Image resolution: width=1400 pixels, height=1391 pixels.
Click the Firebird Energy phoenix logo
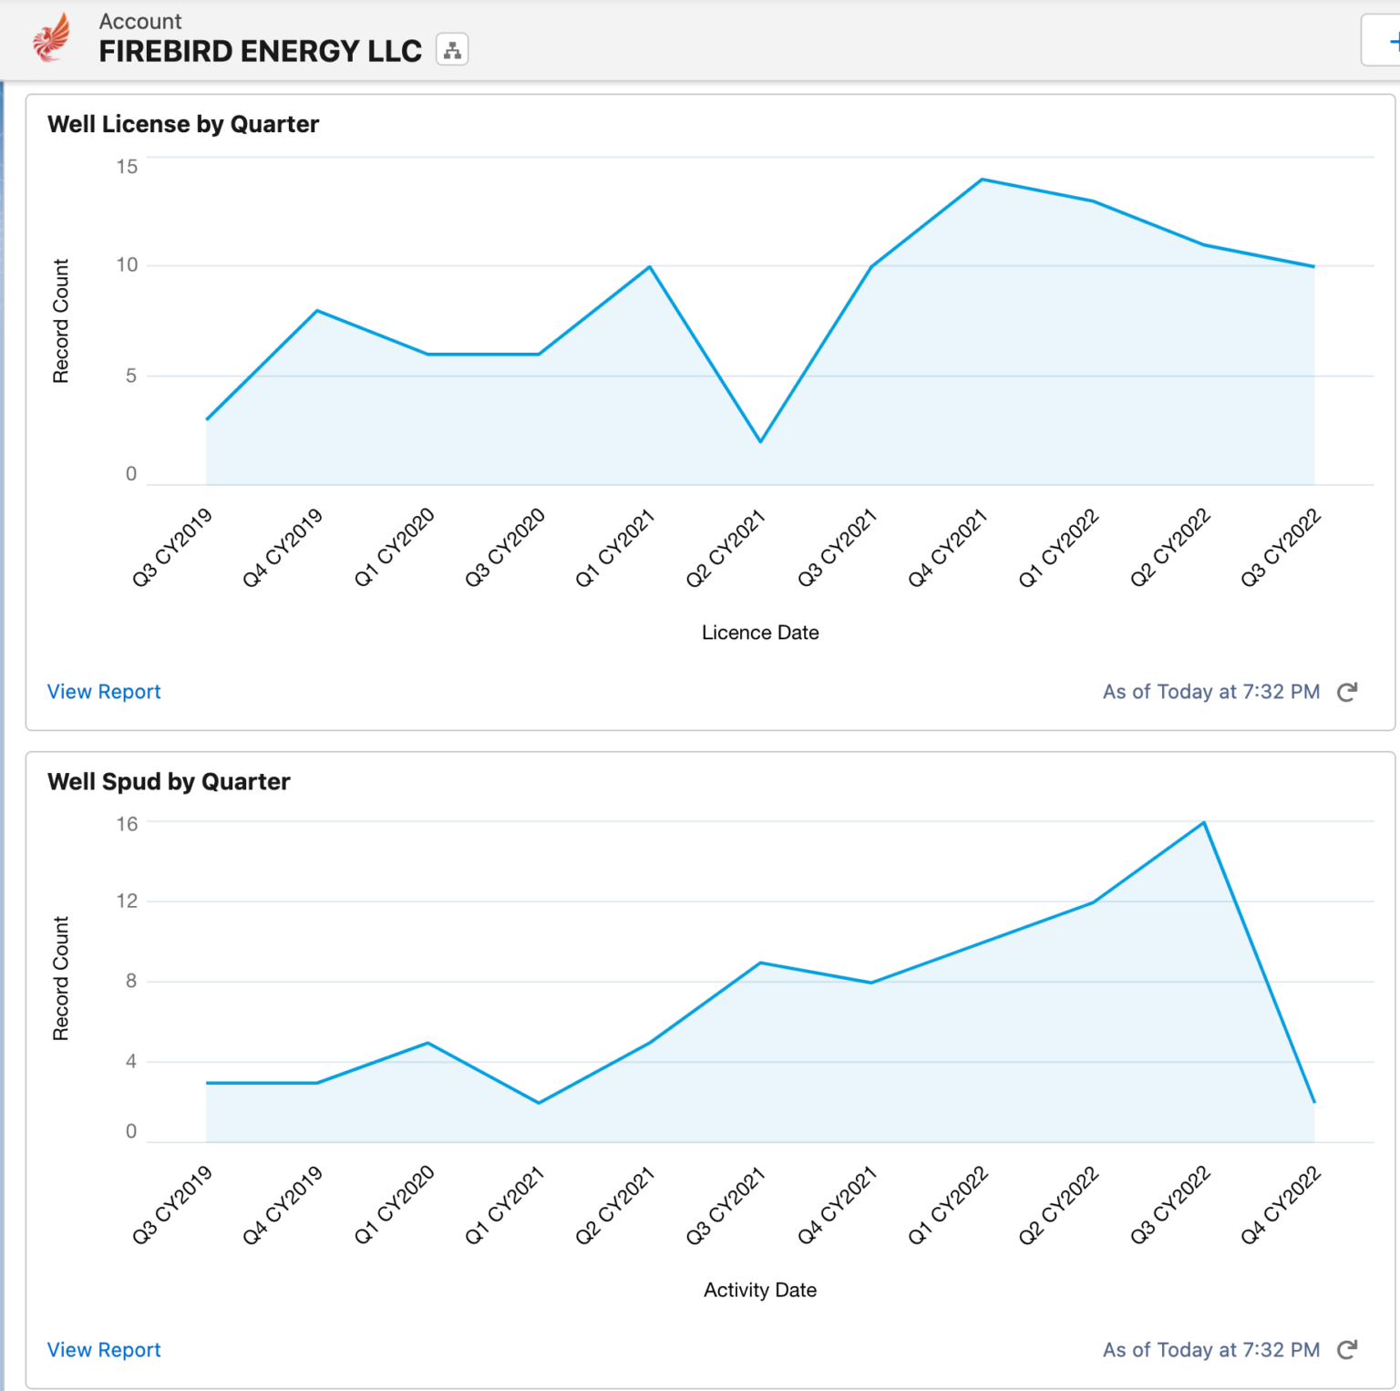[51, 37]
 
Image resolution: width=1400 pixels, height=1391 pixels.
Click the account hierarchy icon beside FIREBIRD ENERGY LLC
[452, 50]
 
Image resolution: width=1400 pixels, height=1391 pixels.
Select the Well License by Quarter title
[183, 124]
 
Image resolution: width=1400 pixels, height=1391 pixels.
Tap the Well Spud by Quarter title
[169, 781]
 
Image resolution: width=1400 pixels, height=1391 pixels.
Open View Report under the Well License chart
[104, 692]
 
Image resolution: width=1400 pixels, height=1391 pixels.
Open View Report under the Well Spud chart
[104, 1350]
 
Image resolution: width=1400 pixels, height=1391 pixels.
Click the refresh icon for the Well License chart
[1347, 692]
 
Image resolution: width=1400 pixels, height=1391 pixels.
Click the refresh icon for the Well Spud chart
[1347, 1350]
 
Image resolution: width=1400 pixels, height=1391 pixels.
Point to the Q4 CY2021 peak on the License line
[982, 180]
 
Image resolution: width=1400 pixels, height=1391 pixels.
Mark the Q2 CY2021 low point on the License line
[760, 442]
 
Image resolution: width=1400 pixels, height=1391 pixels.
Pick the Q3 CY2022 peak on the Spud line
[1204, 822]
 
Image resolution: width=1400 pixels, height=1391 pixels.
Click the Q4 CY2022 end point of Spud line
[1314, 1102]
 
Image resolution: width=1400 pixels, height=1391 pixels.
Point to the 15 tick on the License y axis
[127, 167]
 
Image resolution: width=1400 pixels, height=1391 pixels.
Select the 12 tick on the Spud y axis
[127, 902]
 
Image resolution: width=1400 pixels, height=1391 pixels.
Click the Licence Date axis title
[760, 633]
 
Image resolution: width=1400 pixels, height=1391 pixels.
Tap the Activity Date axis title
[760, 1290]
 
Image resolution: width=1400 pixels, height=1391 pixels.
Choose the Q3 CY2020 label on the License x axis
[506, 548]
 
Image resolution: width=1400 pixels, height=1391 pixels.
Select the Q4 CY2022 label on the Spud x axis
[1281, 1205]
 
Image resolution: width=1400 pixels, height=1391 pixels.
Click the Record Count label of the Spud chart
[61, 978]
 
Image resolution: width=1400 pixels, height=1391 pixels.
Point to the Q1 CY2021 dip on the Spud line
[539, 1103]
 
